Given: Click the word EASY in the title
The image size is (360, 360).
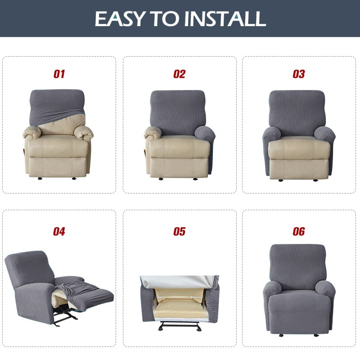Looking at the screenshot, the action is click(x=120, y=18).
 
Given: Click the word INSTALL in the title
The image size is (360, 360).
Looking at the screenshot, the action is click(x=225, y=18).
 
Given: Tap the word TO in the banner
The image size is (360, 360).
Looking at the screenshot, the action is click(x=165, y=18).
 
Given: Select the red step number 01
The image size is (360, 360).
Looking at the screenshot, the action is click(x=59, y=74).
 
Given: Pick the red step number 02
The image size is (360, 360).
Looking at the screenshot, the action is click(x=179, y=74).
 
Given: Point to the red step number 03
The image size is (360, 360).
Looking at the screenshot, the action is click(x=299, y=74).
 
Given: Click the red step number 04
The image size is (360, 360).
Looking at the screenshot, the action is click(x=59, y=231).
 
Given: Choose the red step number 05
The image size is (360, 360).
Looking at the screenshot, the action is click(x=179, y=231).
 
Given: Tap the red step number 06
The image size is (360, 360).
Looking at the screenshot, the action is click(x=299, y=231).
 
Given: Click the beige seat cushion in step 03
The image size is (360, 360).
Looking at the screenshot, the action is click(x=299, y=148).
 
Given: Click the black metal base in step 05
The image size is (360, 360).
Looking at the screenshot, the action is click(x=179, y=325).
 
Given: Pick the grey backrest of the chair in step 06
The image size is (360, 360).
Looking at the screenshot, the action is click(x=298, y=267).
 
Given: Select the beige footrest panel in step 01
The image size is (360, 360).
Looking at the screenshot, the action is click(x=58, y=166).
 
